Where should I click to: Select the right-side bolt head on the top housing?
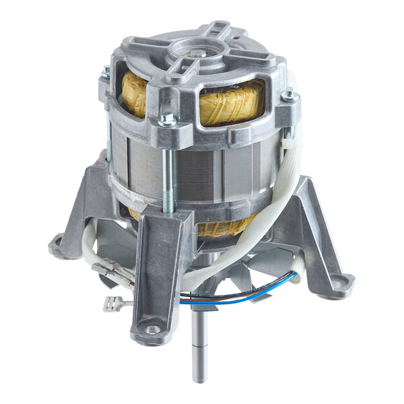[290, 96]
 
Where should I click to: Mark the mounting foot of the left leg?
[62, 246]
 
